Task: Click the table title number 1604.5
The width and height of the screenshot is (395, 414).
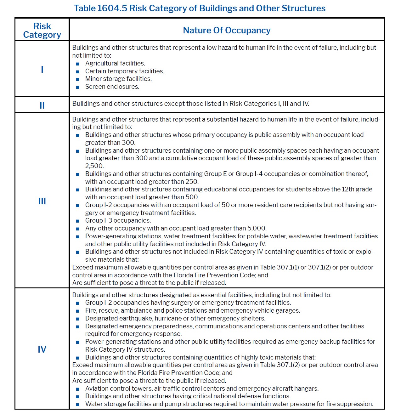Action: [x=112, y=8]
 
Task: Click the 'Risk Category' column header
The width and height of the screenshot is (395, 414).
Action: [x=42, y=30]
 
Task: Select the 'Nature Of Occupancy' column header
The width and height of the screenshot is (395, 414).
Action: [x=227, y=30]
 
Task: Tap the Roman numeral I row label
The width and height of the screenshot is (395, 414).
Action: [x=42, y=69]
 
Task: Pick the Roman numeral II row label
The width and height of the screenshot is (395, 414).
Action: [x=42, y=105]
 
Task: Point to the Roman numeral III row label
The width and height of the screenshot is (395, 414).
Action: [x=42, y=201]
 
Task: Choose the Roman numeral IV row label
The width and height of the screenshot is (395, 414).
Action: [x=42, y=349]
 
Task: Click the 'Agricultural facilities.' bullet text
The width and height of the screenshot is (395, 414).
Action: [x=115, y=63]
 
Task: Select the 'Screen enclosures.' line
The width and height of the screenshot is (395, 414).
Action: [x=112, y=87]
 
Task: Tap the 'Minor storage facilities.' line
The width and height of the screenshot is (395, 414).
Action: [x=118, y=79]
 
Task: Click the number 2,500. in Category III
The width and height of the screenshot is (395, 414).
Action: [x=94, y=166]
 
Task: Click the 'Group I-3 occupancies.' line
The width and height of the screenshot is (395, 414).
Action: [x=118, y=220]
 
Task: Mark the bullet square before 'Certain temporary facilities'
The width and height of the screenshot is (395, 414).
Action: [x=77, y=72]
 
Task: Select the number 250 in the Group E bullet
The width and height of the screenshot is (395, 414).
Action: [x=192, y=182]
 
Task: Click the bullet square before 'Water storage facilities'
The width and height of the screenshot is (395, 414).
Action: [x=77, y=405]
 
